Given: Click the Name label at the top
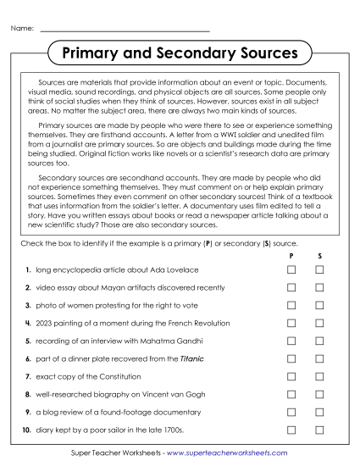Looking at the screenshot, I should click(x=23, y=29).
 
